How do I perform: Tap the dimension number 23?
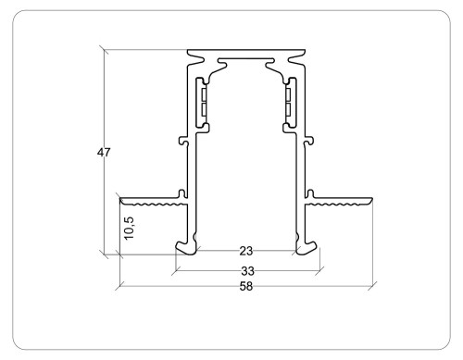[x=246, y=251]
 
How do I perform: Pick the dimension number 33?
[x=246, y=271]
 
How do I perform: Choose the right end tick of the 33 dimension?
[x=319, y=271]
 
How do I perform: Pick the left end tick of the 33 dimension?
[x=173, y=271]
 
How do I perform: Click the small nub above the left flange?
[x=185, y=192]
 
